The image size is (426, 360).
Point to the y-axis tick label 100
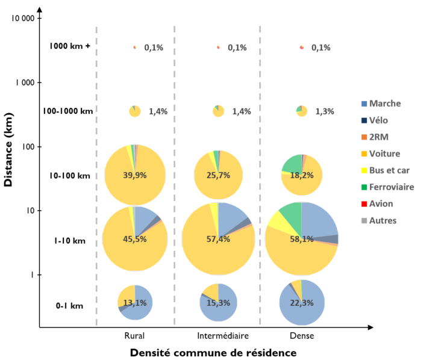pos(28,146)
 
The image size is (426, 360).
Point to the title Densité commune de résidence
pos(213,352)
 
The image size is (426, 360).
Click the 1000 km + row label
pos(70,46)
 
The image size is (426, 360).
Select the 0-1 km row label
pos(69,306)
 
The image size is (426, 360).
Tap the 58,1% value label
pos(302,239)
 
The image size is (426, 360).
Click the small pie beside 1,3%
pos(302,111)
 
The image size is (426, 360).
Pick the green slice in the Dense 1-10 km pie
pos(290,214)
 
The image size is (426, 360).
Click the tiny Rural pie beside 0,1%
pos(135,47)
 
